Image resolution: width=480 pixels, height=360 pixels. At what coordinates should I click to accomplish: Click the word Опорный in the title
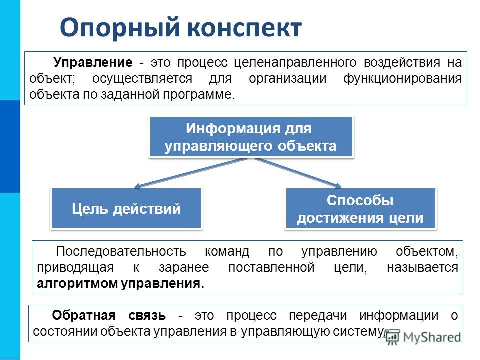point(120,28)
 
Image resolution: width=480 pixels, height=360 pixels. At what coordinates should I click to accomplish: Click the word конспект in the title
point(244,28)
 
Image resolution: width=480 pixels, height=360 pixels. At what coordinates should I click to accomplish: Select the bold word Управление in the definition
point(93,63)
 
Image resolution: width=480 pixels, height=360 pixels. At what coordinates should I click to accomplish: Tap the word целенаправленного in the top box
point(295,63)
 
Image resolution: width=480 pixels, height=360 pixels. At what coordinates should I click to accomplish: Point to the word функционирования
point(402,79)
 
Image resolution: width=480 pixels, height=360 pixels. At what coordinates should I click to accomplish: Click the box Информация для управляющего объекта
point(251,137)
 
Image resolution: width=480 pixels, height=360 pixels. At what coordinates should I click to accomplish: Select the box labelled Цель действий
point(126,208)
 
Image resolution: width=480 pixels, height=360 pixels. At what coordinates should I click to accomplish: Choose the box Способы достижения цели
point(360,209)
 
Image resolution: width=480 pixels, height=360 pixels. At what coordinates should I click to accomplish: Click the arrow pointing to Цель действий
point(190,173)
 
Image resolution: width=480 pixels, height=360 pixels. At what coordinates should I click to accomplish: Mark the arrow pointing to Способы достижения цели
point(298,173)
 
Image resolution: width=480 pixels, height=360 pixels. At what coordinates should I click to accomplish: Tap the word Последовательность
point(121,251)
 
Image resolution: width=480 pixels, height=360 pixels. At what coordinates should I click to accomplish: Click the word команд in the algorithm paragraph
point(227,252)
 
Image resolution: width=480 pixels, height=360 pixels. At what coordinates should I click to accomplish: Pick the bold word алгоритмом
point(78,284)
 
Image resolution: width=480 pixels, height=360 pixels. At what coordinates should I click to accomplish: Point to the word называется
point(423,268)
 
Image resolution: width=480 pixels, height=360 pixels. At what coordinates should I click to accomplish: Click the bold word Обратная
point(84,315)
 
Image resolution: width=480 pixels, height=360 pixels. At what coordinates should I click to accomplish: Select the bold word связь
point(147,316)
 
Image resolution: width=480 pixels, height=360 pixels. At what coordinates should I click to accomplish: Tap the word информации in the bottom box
point(399,316)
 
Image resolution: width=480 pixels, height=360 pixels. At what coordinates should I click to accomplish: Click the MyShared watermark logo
point(423,337)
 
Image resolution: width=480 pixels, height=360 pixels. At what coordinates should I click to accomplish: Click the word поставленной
point(271,268)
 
